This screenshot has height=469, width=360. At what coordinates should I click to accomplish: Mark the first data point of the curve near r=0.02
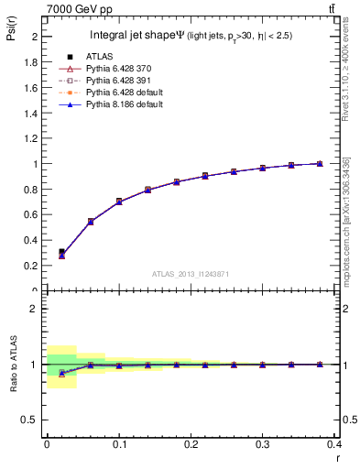click(61, 255)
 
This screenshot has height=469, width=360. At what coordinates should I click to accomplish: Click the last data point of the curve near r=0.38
click(320, 164)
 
